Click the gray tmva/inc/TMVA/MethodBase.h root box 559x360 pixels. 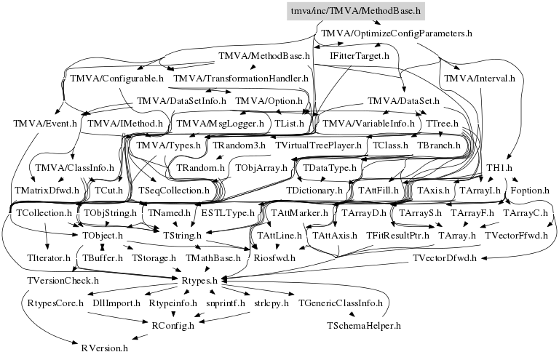point(356,11)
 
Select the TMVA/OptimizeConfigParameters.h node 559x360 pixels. point(397,33)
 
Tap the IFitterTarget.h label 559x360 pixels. point(360,55)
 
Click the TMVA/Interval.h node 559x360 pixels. point(479,78)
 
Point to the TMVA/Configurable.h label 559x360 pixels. point(116,78)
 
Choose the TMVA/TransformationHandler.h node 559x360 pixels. point(241,78)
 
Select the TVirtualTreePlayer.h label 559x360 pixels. point(319,145)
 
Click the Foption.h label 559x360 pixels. point(530,191)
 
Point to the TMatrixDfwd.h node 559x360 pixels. point(46,191)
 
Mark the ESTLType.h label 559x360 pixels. point(228,213)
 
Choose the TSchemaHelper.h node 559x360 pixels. point(365,325)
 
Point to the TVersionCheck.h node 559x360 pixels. point(63,280)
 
